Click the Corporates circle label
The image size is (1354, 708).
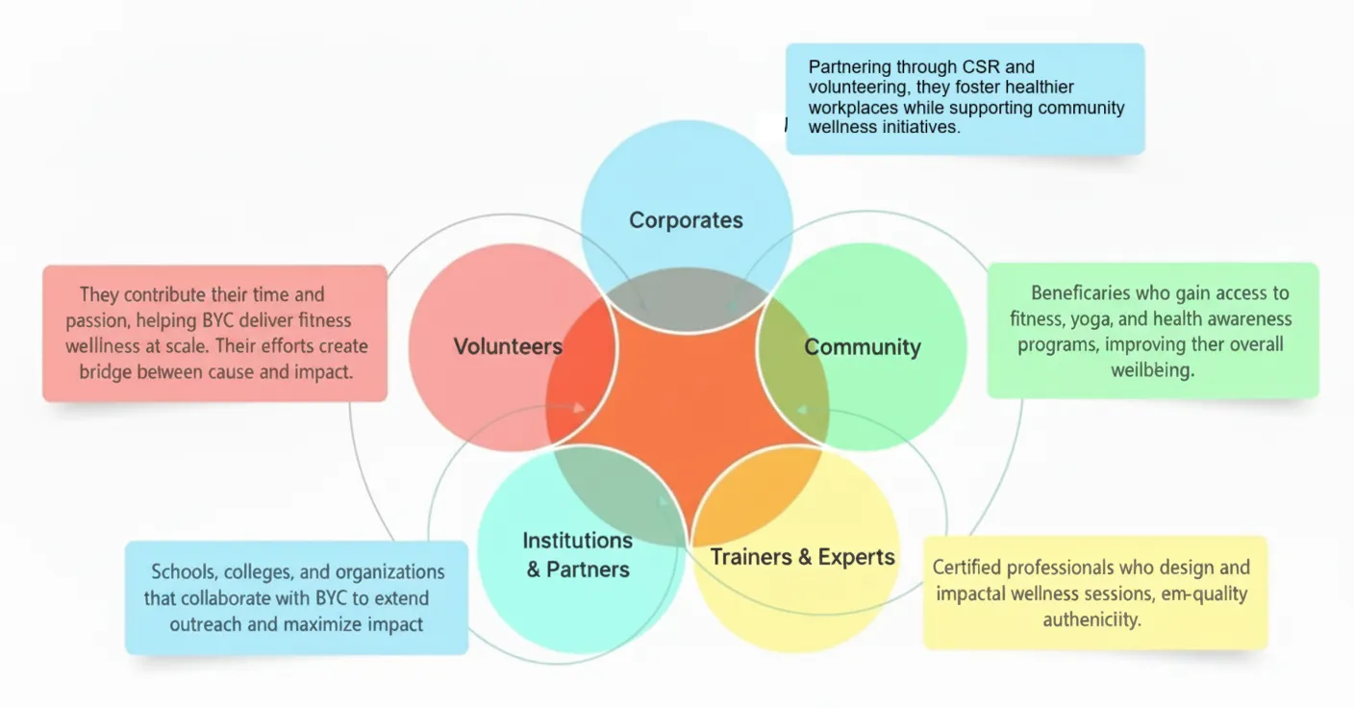pos(686,220)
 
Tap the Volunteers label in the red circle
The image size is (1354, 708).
pos(508,347)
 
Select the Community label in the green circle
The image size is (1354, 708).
pos(863,347)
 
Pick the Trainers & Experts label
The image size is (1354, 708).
pos(802,557)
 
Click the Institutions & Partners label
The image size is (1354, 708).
pos(577,555)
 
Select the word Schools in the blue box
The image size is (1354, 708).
pos(186,572)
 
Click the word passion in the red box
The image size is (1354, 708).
pos(99,320)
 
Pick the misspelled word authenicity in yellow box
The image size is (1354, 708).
pos(1091,619)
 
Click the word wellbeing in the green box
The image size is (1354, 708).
pos(1152,370)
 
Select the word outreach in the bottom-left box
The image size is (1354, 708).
pos(205,624)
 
